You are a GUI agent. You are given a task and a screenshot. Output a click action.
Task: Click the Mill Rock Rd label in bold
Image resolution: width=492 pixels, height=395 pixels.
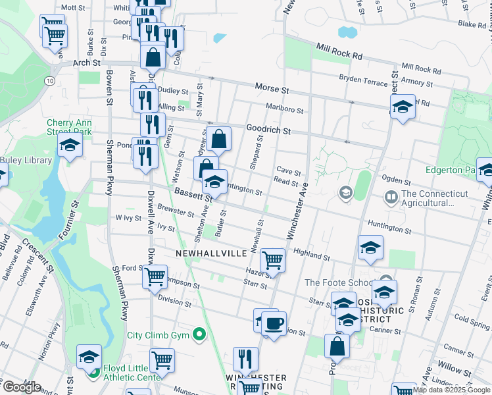click(x=339, y=51)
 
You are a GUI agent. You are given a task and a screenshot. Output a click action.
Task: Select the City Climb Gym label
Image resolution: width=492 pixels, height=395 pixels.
click(x=158, y=335)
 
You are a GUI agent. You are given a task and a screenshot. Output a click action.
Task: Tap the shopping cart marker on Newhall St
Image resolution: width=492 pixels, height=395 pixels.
click(x=272, y=260)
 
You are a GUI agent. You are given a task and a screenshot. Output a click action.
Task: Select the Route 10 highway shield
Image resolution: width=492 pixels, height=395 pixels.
click(x=50, y=80)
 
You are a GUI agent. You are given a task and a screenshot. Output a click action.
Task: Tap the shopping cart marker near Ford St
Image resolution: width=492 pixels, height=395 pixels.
click(x=155, y=276)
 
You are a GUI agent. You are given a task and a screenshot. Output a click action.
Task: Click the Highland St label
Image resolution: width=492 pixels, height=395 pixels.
click(x=311, y=254)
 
